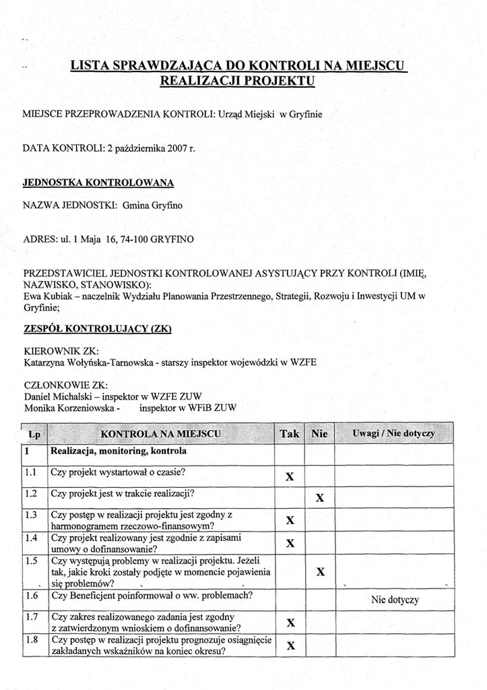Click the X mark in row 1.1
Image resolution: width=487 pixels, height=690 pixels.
click(x=290, y=476)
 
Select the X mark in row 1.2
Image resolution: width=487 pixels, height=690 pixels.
click(x=320, y=499)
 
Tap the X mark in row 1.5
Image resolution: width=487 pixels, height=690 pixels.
click(x=321, y=572)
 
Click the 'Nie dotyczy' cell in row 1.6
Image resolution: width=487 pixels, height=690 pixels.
click(x=395, y=600)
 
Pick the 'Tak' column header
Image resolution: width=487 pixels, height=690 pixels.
click(x=290, y=434)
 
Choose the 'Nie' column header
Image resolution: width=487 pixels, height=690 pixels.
click(x=319, y=434)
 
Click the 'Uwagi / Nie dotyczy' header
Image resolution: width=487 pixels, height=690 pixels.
click(x=394, y=433)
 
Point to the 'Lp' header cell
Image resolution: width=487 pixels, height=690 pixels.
click(x=35, y=435)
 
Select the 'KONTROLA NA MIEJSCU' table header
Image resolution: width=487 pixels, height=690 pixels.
click(x=160, y=433)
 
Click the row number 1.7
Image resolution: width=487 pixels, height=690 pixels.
click(x=31, y=617)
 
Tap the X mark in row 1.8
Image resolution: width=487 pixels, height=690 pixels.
click(x=290, y=646)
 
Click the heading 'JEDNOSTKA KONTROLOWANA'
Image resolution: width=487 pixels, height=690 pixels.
click(x=98, y=182)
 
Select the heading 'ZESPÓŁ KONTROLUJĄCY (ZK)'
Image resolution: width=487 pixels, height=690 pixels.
click(x=98, y=329)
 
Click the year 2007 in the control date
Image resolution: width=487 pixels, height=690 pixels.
click(x=176, y=148)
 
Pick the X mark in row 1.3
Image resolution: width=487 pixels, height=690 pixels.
click(x=290, y=520)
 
